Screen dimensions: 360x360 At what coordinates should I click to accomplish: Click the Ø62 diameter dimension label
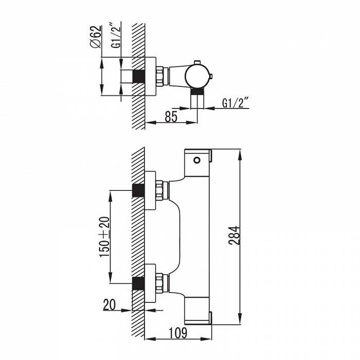[x=96, y=37]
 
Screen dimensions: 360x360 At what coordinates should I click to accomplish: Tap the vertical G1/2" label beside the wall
[x=116, y=35]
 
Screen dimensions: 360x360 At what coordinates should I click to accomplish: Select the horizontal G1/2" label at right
[x=236, y=102]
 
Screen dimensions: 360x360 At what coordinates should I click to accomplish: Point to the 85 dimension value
[x=171, y=117]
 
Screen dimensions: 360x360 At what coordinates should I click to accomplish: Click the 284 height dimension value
[x=234, y=236]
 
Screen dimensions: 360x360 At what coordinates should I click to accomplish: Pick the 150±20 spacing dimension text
[x=104, y=237]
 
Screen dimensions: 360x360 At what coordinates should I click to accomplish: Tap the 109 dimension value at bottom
[x=178, y=333]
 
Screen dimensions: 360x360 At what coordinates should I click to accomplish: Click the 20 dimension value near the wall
[x=110, y=305]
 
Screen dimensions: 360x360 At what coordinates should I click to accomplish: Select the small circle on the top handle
[x=197, y=160]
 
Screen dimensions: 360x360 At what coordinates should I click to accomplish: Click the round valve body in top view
[x=197, y=76]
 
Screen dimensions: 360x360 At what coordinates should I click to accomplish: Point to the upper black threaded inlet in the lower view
[x=138, y=190]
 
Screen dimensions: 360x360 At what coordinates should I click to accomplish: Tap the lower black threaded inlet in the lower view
[x=138, y=283]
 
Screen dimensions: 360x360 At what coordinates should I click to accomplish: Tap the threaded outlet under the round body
[x=197, y=92]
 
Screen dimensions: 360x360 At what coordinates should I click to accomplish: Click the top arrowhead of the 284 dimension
[x=240, y=154]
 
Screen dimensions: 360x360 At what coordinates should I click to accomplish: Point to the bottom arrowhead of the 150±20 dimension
[x=111, y=278]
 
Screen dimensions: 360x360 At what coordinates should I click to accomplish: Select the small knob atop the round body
[x=197, y=63]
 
